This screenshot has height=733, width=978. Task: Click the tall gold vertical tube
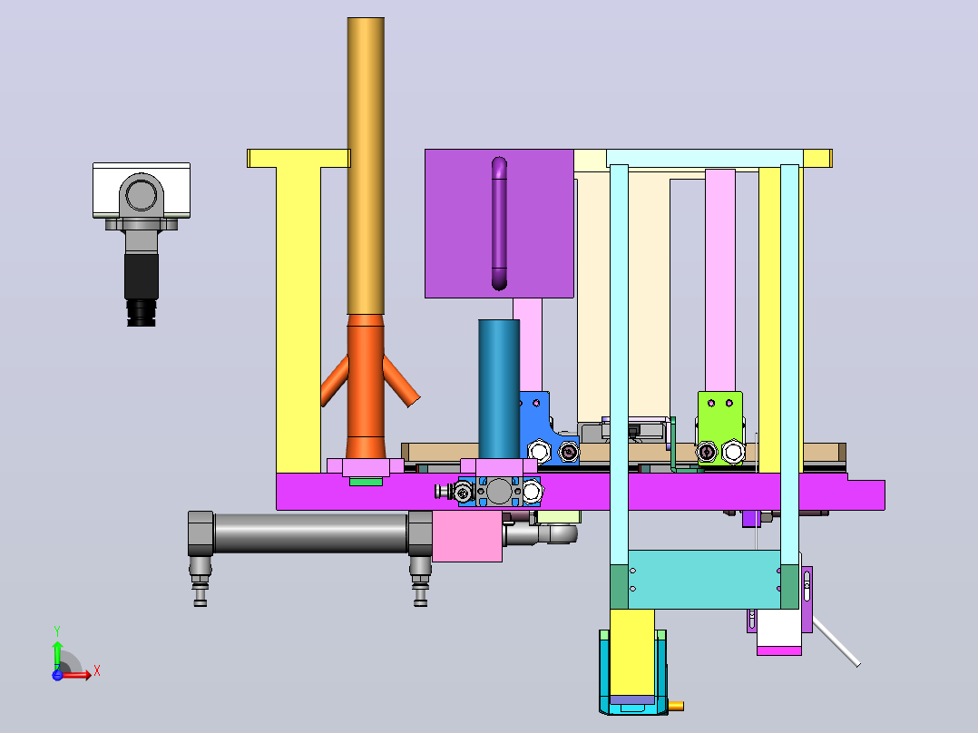(366, 165)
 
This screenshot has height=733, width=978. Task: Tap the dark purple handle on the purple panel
(499, 223)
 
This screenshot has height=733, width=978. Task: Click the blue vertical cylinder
(499, 389)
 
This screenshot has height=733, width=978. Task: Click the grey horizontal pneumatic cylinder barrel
(310, 533)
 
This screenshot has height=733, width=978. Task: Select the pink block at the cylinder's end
(467, 536)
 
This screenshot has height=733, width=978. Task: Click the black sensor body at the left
(142, 276)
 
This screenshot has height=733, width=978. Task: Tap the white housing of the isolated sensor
(142, 190)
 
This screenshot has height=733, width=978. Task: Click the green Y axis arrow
(57, 650)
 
